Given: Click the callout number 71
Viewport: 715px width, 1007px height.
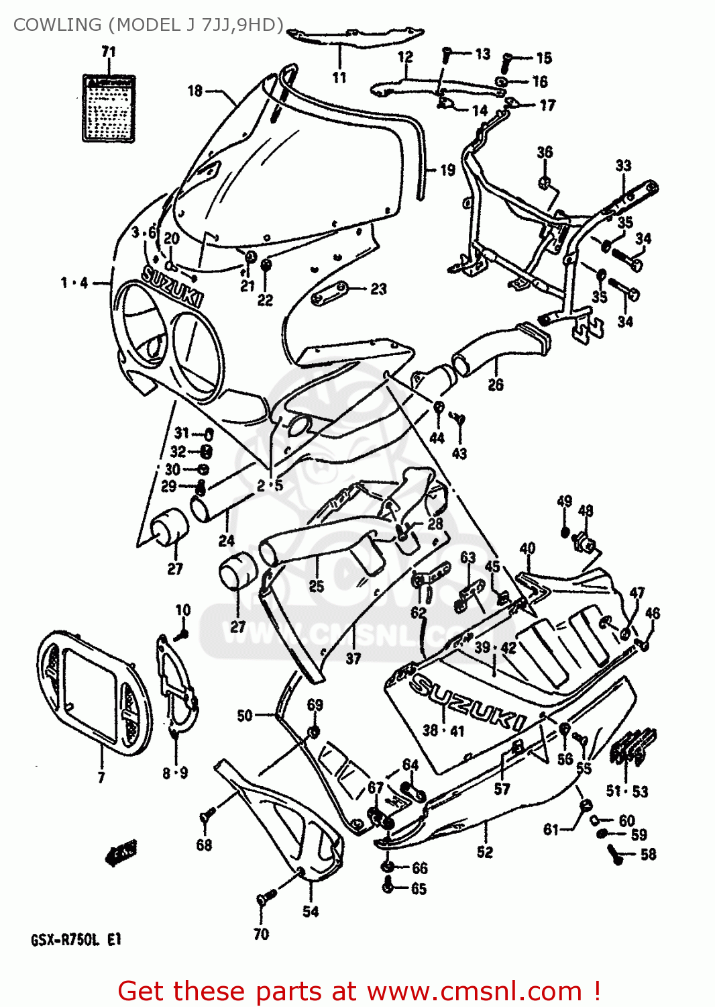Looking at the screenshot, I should pos(109,52).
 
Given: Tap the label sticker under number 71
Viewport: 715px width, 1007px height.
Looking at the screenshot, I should pos(109,108).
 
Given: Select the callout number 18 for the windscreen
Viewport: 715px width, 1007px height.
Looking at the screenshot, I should pos(195,91).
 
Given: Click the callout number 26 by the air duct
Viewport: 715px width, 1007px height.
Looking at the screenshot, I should pos(496,385).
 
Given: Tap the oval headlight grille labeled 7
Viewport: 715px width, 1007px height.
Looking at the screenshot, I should pos(94,691).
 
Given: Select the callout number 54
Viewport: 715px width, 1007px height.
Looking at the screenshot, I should pos(311,911).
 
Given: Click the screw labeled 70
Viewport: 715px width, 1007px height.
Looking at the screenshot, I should pos(266,897).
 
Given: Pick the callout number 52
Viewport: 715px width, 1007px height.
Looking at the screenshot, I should pos(485,852).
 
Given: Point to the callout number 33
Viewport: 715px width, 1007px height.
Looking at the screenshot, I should pos(623,165).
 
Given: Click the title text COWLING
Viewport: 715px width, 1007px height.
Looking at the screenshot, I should pos(57,25).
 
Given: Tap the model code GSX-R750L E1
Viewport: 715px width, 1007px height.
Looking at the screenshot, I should pos(76,940).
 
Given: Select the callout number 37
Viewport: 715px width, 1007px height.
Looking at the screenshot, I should pos(353,659).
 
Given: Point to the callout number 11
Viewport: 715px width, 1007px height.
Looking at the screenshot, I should pos(339,77).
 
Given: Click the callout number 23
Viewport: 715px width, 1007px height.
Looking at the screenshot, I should pos(379,289).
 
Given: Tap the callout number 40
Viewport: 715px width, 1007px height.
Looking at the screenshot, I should pos(527,548).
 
